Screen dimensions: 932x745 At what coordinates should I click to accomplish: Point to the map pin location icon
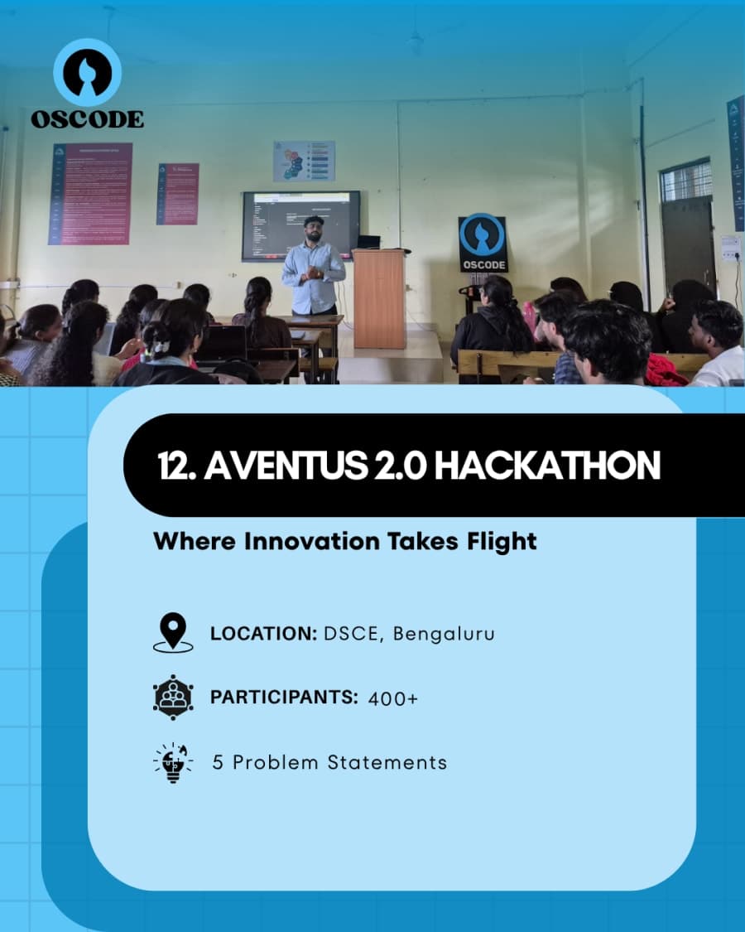tap(173, 633)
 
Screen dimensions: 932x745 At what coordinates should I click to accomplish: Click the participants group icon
tap(173, 697)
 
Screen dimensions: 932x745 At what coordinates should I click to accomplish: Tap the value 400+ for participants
tap(393, 698)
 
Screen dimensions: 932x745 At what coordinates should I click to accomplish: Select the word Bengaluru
tap(444, 635)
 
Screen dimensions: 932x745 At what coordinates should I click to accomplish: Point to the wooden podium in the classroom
tap(379, 298)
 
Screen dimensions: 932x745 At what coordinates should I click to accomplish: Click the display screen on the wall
tap(300, 225)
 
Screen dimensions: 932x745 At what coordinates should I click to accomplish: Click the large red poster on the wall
tap(90, 194)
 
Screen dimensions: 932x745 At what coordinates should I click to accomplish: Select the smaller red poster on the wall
tap(178, 194)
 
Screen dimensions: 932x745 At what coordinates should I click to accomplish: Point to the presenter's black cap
tap(313, 220)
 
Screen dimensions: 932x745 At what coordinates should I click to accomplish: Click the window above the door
tap(686, 180)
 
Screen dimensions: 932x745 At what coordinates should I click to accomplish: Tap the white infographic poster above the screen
tap(304, 161)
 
